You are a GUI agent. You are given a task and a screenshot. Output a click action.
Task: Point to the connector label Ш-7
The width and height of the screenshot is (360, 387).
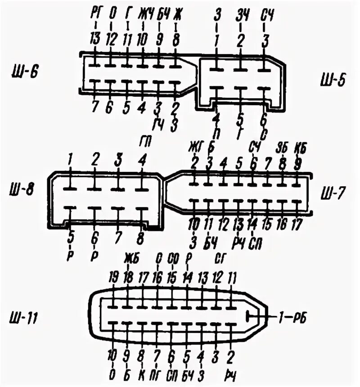tap(334, 194)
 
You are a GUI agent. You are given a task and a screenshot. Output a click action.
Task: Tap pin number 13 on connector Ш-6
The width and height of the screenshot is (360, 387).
tap(94, 40)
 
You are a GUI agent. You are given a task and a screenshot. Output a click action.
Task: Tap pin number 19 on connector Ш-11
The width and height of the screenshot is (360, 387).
tap(113, 278)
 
